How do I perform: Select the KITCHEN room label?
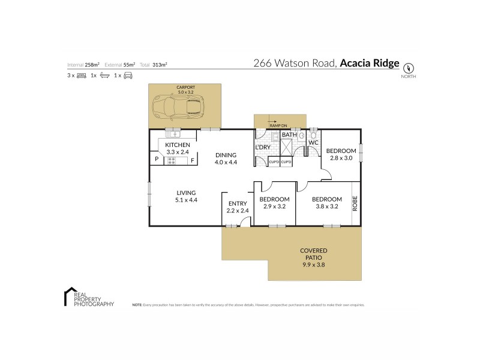178,145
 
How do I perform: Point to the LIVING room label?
185,193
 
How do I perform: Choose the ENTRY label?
238,204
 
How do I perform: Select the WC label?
313,142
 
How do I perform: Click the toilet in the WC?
314,135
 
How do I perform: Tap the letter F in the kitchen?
192,160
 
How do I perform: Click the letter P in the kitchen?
156,160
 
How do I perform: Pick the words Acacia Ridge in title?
370,62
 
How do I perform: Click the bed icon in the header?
82,76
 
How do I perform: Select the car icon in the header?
127,76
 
